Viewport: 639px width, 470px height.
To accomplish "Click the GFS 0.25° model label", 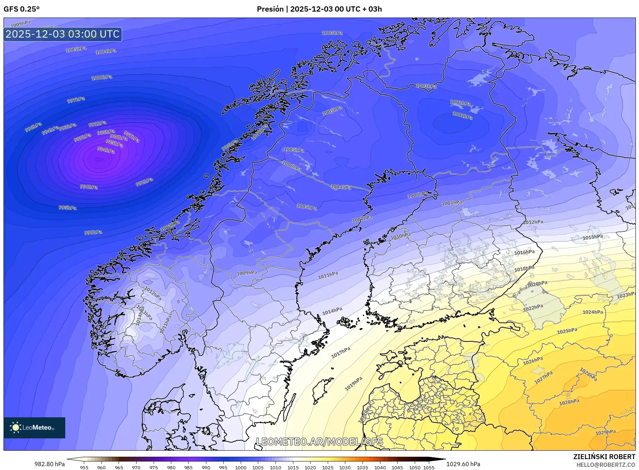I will coord(21,9).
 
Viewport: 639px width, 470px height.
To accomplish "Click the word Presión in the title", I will coord(270,9).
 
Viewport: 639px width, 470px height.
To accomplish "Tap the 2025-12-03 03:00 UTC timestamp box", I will coord(63,34).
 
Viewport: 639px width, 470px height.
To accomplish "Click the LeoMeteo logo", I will coord(34,427).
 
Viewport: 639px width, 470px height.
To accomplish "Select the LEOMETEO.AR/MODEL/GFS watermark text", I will coord(319,442).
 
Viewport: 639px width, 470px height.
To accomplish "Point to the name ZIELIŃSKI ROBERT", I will coord(604,457).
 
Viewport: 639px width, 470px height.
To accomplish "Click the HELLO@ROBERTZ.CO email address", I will coord(606,465).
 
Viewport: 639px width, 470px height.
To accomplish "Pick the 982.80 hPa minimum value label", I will coord(49,464).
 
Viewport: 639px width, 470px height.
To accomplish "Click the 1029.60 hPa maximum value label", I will coord(463,464).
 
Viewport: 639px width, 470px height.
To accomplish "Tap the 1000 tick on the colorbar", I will coord(241,468).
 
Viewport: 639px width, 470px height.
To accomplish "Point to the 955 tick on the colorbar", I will coord(84,468).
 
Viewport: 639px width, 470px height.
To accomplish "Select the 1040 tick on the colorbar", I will coord(380,468).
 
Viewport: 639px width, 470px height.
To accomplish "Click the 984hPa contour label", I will coord(106,150).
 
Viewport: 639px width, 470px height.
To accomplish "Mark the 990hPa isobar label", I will coord(89,187).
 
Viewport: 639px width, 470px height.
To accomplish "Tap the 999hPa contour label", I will coord(93,232).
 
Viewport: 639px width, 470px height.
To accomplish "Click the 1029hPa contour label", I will coord(605,432).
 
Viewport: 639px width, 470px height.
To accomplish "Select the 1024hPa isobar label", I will coord(593,312).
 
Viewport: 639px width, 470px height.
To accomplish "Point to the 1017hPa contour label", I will coord(341,352).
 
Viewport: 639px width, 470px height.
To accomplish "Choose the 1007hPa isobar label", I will coord(362,219).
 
